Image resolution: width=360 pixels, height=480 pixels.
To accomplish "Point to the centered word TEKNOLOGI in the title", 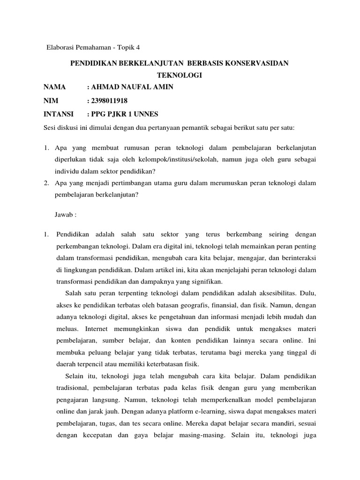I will [x=180, y=75].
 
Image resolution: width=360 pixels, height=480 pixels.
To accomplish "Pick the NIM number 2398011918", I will [x=110, y=100].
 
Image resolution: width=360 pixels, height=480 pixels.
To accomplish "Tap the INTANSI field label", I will [x=59, y=113].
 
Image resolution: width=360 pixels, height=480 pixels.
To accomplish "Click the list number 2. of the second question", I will [x=47, y=183].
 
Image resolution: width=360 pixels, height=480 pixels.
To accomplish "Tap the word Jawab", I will [x=65, y=214].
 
